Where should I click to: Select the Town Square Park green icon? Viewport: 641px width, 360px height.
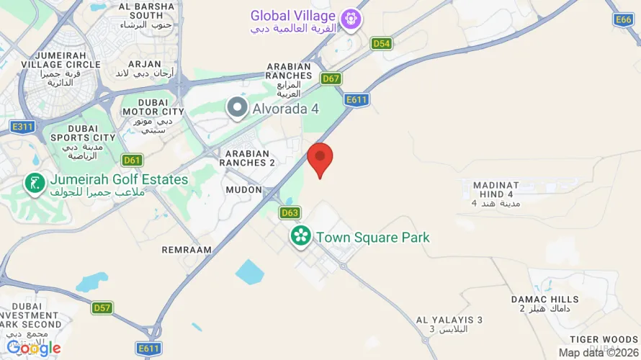(300, 235)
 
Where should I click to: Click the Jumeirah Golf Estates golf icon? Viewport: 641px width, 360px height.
(34, 184)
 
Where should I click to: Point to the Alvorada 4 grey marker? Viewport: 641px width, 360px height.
(236, 109)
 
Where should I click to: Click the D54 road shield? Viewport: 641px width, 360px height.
(382, 44)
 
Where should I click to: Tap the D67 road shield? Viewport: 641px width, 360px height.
(331, 78)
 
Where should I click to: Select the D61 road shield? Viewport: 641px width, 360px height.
(132, 160)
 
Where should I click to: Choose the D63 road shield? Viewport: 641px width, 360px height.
(290, 212)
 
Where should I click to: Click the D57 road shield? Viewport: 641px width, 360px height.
(102, 307)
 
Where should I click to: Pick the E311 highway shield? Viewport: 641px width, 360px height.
(22, 127)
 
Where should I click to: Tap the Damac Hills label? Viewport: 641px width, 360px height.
(545, 303)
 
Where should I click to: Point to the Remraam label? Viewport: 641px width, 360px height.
(187, 250)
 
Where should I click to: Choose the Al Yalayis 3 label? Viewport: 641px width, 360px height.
(449, 324)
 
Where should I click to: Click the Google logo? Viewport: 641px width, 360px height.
(33, 348)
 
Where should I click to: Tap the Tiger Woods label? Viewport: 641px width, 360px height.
(604, 340)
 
